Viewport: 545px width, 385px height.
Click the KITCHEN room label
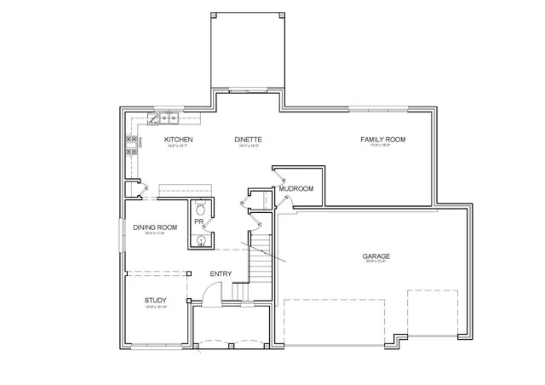click(x=179, y=139)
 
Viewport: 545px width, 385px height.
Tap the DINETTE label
click(x=248, y=139)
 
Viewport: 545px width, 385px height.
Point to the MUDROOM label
click(x=296, y=188)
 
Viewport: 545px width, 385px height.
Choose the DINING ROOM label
click(x=154, y=227)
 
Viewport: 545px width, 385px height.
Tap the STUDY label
click(x=155, y=300)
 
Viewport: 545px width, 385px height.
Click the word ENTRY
click(x=221, y=273)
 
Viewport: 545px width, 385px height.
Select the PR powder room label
click(x=198, y=222)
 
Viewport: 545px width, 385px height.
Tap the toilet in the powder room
click(x=200, y=209)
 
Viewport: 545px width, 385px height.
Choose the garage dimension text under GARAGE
click(x=376, y=261)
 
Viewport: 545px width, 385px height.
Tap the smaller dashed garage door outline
click(x=433, y=313)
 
